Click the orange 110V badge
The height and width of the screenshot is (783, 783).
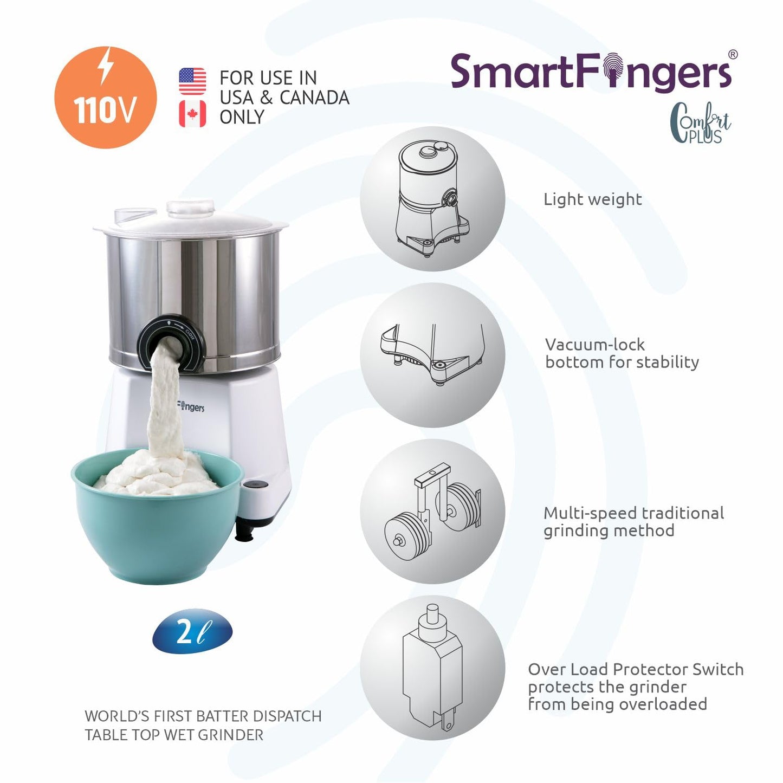[x=106, y=98]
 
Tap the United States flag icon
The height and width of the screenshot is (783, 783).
[x=192, y=81]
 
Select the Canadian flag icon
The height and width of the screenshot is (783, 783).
[x=192, y=114]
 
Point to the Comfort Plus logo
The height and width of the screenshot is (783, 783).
[x=700, y=124]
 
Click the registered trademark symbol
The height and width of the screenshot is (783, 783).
[x=733, y=54]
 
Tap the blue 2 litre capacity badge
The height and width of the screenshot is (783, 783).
[x=192, y=632]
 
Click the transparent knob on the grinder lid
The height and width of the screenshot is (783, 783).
[x=190, y=209]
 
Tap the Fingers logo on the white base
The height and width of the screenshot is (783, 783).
[x=191, y=406]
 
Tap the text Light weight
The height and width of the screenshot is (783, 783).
[x=592, y=199]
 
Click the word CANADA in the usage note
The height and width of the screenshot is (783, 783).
[x=314, y=98]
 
